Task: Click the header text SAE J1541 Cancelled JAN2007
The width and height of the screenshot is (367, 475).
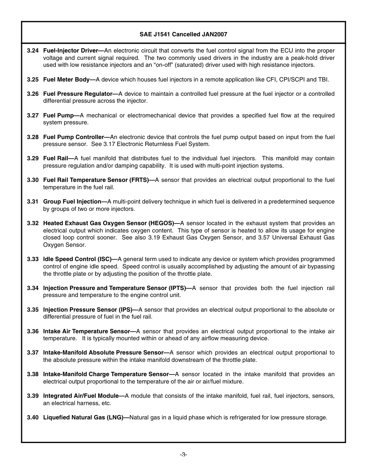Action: [x=183, y=34]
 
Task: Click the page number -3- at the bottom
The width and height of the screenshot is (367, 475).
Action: [x=183, y=455]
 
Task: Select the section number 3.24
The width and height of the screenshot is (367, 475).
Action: [x=33, y=51]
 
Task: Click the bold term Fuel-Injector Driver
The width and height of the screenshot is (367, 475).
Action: [x=71, y=51]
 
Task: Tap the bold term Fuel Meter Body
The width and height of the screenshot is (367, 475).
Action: [x=66, y=80]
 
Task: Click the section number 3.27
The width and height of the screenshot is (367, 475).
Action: [x=33, y=115]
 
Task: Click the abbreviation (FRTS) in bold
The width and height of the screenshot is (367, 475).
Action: [x=140, y=180]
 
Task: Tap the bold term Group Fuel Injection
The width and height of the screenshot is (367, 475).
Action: [x=72, y=202]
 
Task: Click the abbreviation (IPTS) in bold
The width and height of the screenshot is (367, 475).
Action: [x=177, y=288]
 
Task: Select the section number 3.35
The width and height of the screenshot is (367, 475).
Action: [x=33, y=310]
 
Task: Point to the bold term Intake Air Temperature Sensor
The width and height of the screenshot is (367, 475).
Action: [x=87, y=331]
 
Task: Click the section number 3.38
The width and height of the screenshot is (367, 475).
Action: [x=33, y=374]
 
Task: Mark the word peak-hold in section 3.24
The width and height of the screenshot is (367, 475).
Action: [x=309, y=58]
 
